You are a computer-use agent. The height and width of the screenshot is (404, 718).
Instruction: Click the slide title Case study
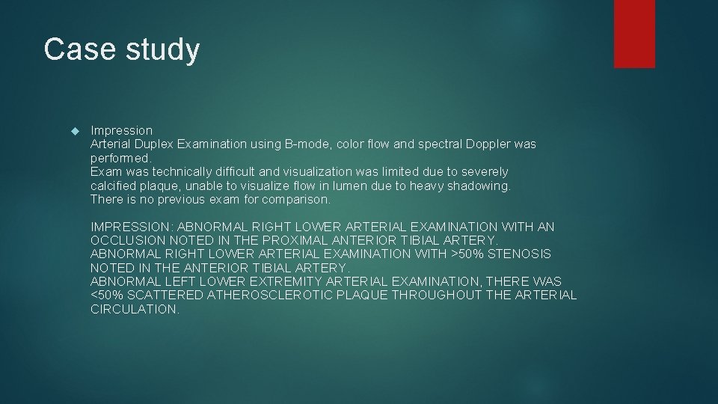point(122,50)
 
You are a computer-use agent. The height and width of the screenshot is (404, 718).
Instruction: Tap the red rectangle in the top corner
point(634,34)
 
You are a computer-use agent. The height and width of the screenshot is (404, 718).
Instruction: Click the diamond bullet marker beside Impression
point(73,131)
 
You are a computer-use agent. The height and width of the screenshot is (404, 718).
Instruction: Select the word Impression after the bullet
point(121,130)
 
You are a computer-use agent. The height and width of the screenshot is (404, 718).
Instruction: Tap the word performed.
point(120,158)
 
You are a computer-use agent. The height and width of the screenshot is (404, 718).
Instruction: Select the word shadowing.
point(479,186)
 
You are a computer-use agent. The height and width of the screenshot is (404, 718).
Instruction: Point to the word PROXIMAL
point(292,240)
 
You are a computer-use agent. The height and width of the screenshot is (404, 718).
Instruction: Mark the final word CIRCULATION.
point(135,309)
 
